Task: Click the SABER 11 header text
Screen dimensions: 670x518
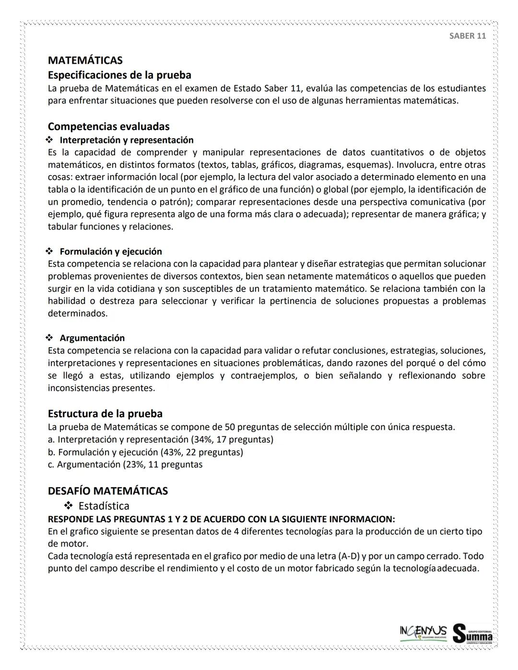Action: point(467,36)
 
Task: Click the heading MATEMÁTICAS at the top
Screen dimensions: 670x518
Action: point(85,60)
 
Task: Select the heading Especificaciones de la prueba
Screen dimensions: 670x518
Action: point(119,75)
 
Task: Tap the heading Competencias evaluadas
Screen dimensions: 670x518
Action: point(108,127)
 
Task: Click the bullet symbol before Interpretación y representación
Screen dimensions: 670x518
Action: point(49,140)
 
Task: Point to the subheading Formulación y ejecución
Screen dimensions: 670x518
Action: point(111,251)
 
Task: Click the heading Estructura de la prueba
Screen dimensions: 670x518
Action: point(105,413)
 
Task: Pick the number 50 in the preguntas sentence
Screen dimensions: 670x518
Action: point(229,427)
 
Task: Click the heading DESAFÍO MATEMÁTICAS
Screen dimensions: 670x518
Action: point(108,491)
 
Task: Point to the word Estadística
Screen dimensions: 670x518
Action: point(104,506)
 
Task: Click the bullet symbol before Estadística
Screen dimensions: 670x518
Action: point(69,506)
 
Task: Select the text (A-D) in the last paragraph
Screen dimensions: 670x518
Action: point(349,556)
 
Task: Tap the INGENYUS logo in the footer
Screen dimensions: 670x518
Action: point(423,632)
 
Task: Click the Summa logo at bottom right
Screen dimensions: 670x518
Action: point(472,635)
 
